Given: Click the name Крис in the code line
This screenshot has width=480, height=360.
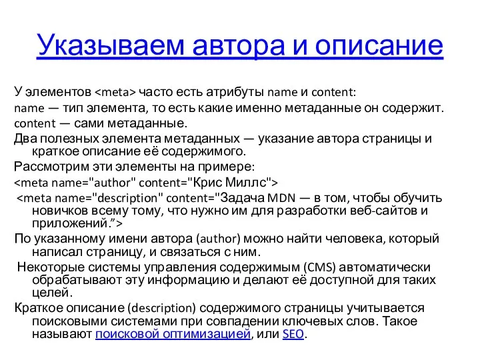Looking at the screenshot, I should (213, 181).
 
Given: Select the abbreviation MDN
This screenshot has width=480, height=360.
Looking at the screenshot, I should (285, 197).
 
